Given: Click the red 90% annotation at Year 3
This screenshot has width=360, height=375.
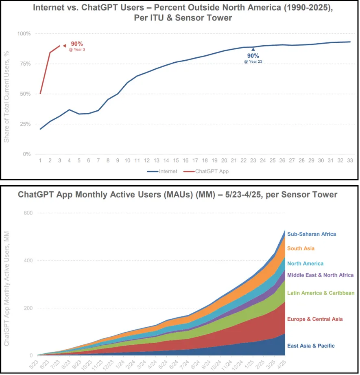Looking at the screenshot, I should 77,44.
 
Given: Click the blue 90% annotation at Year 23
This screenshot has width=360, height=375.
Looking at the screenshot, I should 253,55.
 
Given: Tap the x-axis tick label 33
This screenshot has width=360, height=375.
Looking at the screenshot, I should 350,161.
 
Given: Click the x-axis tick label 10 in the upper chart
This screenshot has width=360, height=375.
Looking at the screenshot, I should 127,161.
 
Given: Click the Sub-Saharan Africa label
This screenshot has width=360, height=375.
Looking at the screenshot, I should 312,234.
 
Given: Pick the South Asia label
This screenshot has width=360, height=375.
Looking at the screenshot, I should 301,248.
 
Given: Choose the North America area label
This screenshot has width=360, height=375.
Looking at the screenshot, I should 305,263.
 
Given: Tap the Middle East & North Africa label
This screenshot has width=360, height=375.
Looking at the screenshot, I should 320,275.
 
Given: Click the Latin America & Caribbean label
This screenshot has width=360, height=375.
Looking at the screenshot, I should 321,293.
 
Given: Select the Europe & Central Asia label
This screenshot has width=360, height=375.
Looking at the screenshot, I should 314,319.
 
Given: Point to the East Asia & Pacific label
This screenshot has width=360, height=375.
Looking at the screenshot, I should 311,346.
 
